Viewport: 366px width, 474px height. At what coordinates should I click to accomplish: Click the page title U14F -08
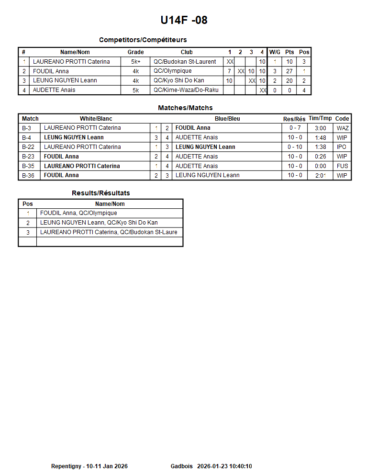coord(184,20)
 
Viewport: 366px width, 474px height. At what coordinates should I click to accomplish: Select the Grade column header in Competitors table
coord(135,52)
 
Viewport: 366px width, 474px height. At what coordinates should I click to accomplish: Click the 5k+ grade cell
coord(135,62)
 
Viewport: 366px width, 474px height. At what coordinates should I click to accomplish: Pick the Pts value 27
coord(289,71)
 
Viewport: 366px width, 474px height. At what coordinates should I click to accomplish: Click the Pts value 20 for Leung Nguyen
coord(289,81)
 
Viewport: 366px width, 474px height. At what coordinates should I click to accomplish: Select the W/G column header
coord(275,52)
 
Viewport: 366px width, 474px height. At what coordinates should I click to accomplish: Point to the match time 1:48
coord(321,138)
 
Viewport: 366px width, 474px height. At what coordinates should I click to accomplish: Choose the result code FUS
coord(342,166)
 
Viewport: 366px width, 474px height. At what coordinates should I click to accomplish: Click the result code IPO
coord(342,147)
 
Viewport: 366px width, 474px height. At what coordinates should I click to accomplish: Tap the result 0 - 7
coord(295,128)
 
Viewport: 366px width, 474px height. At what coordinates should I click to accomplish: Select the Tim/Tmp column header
coord(320,119)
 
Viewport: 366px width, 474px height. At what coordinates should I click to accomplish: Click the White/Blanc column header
coord(96,119)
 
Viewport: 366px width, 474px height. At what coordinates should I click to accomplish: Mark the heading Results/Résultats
coord(101,193)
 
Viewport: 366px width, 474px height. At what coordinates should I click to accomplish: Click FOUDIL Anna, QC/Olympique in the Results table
coord(78,213)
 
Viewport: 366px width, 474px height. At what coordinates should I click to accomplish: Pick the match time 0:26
coord(321,157)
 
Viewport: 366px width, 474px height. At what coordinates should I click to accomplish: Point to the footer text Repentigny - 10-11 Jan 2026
coord(89,466)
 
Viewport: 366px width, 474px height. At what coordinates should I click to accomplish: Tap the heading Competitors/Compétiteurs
coord(143,40)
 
